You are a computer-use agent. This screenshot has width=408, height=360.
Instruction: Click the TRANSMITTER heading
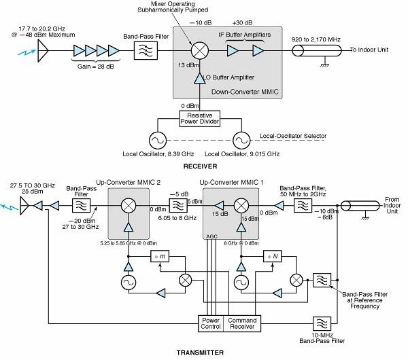point(205,352)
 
